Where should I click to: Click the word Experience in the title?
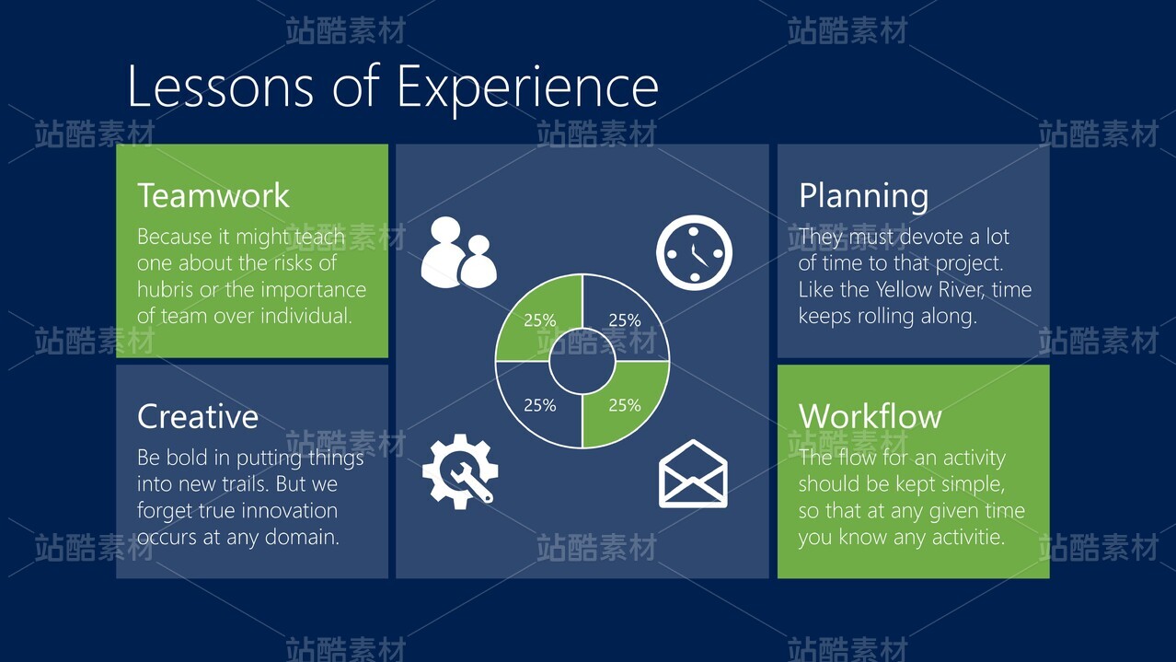coord(527,88)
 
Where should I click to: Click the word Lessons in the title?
coord(221,87)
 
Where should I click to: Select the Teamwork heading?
coord(213,196)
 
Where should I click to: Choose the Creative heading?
coord(198,417)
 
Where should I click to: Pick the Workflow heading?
coord(870,417)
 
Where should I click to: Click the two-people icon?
coord(459,252)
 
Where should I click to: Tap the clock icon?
coord(694,252)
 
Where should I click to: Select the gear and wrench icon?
coord(460,471)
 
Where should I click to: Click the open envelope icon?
coord(693,474)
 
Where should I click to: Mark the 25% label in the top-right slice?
coord(625,320)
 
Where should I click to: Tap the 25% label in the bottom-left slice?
coord(540,405)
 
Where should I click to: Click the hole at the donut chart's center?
coord(582,361)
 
